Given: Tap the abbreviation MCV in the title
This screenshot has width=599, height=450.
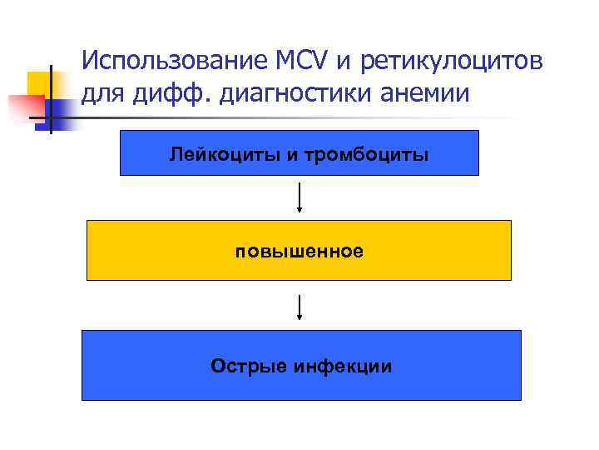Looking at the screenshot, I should [x=290, y=61].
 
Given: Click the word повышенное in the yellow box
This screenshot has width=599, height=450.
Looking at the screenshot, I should [x=299, y=251].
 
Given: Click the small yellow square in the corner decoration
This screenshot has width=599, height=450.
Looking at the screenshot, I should [x=40, y=84].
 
